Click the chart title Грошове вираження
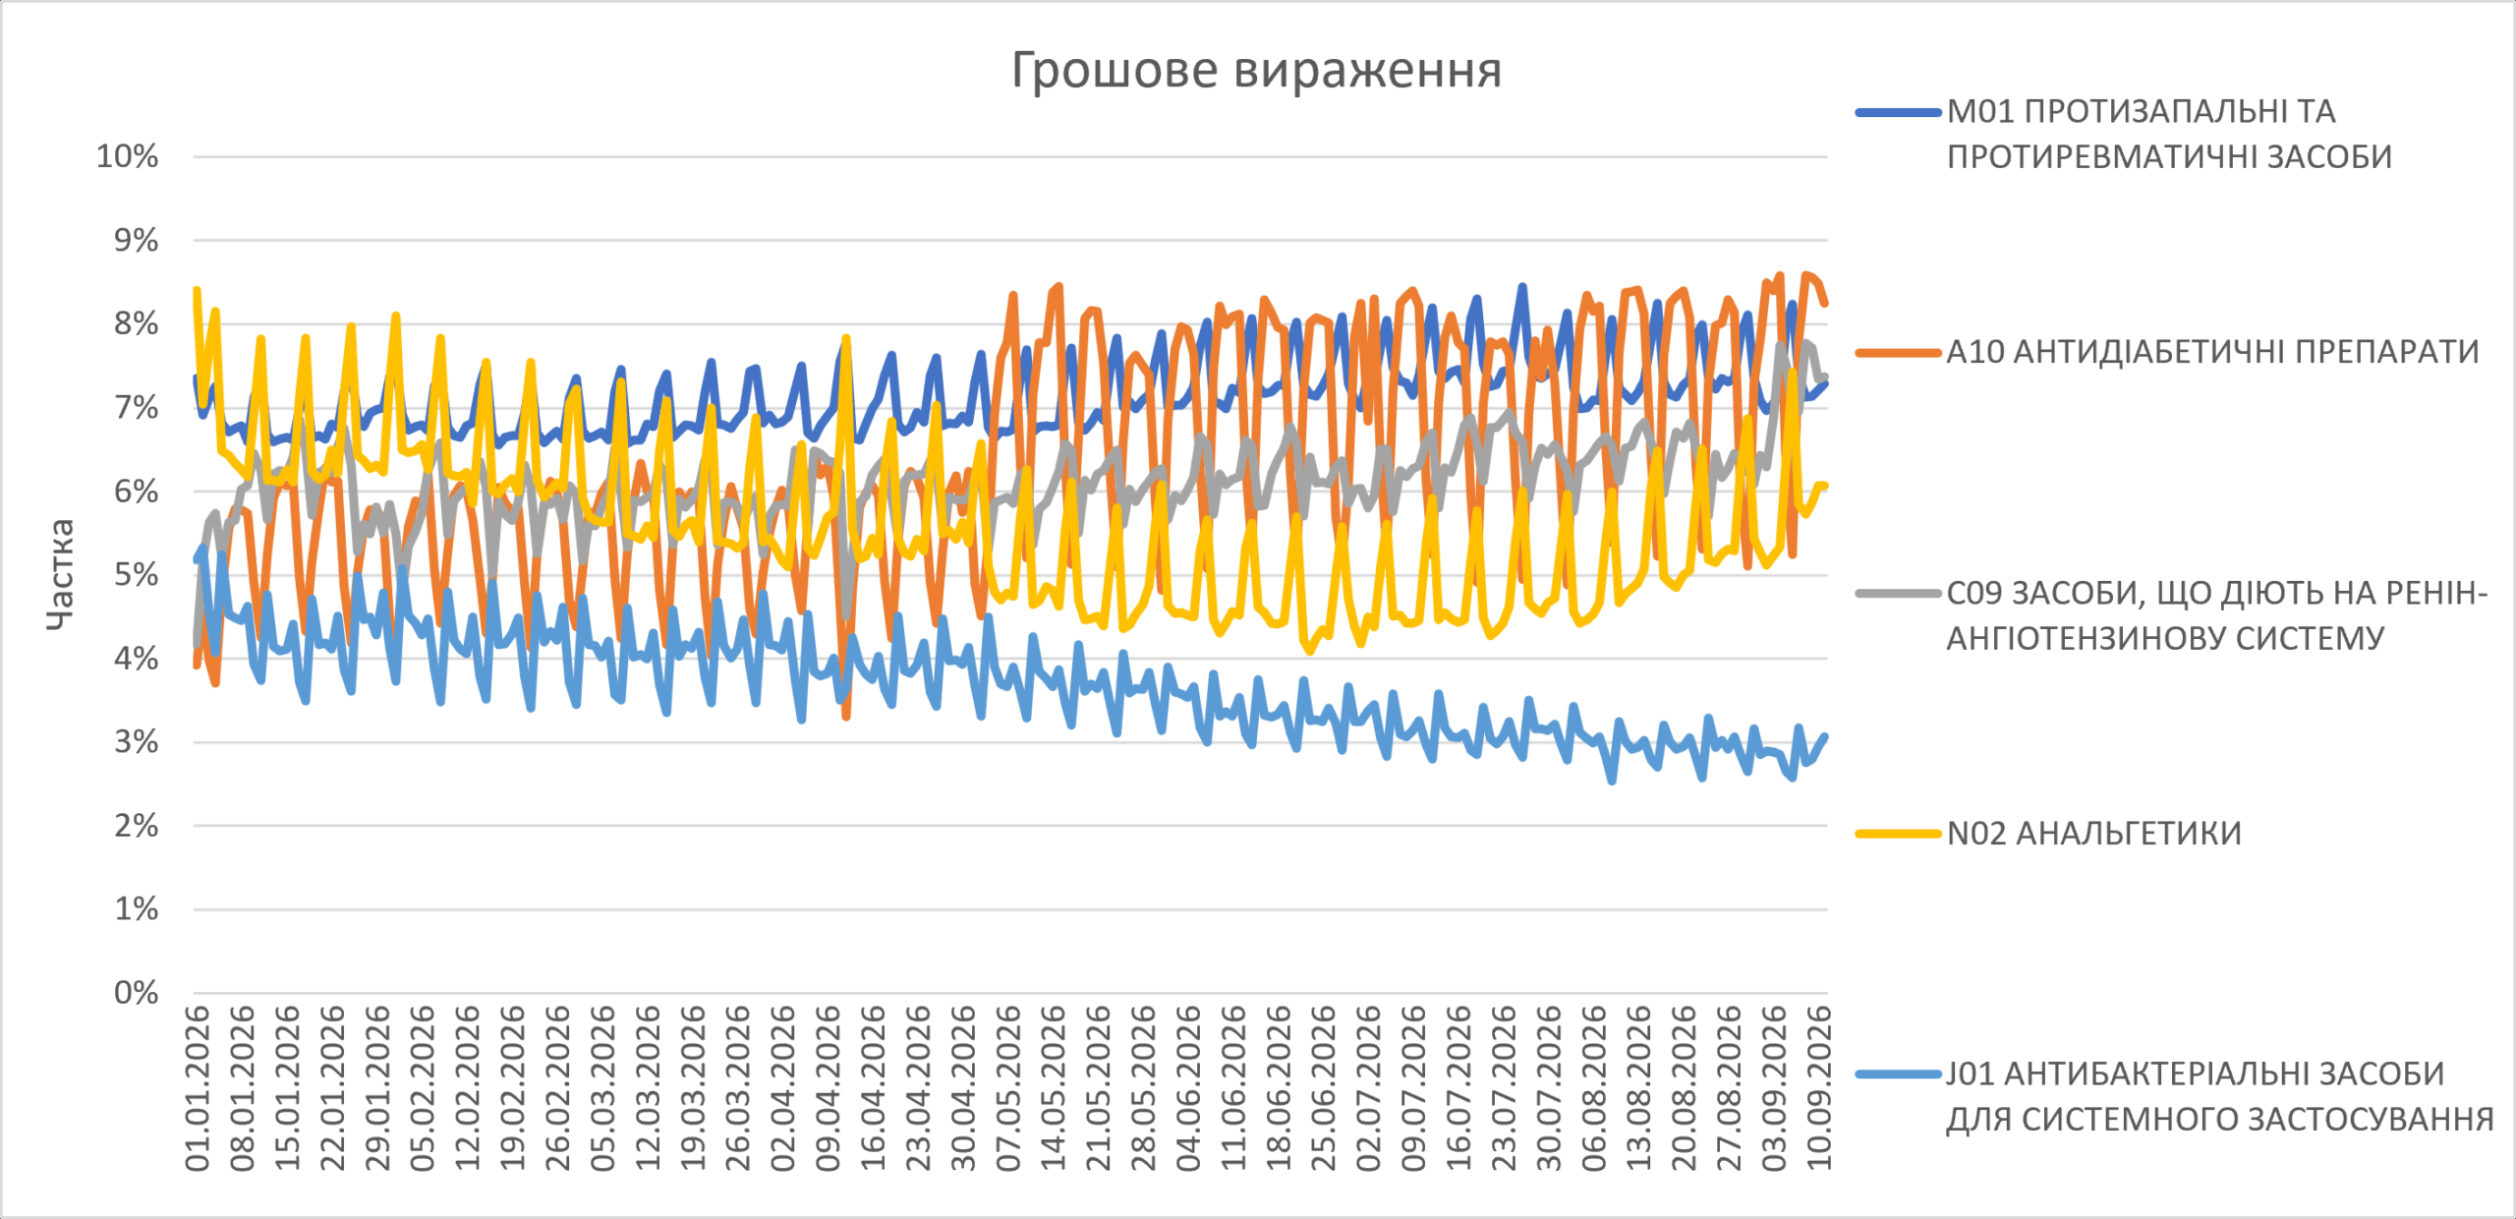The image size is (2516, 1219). coord(1256,71)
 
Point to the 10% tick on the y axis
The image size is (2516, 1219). coord(127,156)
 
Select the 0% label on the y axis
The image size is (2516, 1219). coord(136,993)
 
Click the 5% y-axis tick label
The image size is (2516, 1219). coord(136,575)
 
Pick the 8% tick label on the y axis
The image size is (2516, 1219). coord(136,323)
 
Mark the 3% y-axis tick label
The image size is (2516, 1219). coord(136,742)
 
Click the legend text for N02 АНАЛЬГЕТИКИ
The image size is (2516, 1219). coord(2094,834)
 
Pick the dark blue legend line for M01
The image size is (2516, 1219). coord(1899,113)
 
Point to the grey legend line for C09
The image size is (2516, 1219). coord(1899,594)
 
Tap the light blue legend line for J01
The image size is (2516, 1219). coord(1899,1074)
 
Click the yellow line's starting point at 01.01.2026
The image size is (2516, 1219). coord(197,291)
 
